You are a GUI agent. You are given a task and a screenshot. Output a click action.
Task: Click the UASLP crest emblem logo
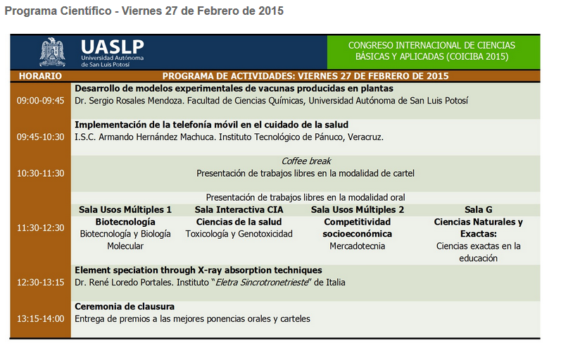tap(52, 51)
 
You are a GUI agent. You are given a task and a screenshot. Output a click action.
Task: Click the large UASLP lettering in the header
tap(111, 46)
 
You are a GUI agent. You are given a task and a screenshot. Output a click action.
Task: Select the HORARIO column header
tap(40, 76)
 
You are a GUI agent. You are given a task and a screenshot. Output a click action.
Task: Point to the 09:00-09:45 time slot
tap(40, 101)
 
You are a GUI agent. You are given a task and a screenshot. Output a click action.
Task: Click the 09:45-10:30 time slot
tap(40, 137)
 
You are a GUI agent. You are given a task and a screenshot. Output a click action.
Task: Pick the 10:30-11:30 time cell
tap(40, 173)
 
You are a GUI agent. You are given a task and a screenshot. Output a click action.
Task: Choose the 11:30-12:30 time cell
tap(40, 228)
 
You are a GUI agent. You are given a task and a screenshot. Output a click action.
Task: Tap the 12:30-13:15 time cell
tap(40, 283)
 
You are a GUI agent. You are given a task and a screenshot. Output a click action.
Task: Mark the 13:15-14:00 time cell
tap(40, 319)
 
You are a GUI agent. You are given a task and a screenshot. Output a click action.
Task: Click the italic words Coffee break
tap(305, 161)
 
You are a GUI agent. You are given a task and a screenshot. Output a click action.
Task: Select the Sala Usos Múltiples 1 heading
tap(125, 210)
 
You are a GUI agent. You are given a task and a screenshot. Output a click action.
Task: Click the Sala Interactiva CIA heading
tap(239, 210)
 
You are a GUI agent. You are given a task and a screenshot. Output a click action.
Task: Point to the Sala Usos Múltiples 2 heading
tap(358, 210)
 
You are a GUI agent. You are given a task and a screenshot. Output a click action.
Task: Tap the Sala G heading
tap(478, 210)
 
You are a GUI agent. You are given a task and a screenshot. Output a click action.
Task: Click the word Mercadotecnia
tap(358, 247)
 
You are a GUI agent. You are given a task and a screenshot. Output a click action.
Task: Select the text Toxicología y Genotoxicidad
tap(239, 234)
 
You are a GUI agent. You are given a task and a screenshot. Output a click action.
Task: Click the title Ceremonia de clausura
tap(125, 307)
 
